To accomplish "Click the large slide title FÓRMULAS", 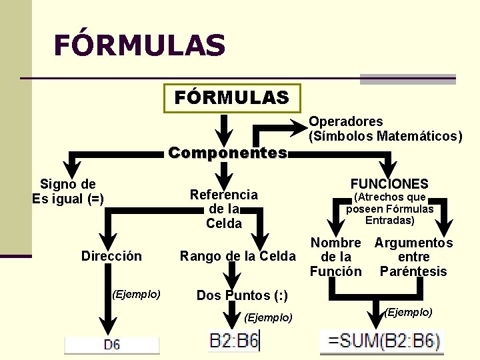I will [139, 45].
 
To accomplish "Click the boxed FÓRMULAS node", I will [232, 99].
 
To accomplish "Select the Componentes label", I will [227, 153].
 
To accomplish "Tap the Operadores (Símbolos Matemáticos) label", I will [385, 129].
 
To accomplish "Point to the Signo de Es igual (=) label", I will [68, 191].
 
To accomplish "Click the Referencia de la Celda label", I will [224, 209].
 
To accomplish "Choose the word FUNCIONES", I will [389, 183].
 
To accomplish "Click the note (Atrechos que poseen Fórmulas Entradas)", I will [389, 209].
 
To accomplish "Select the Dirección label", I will [111, 256].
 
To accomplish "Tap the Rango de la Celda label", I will [237, 256].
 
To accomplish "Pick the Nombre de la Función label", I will [335, 257].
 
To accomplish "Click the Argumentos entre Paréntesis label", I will [413, 257].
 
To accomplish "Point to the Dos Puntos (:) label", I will [242, 295].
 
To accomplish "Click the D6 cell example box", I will [112, 345].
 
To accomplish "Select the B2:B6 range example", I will [234, 342].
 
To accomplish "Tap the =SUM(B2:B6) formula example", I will [382, 342].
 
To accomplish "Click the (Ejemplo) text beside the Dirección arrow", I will [136, 293].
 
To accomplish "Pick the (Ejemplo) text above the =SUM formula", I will [408, 312].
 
